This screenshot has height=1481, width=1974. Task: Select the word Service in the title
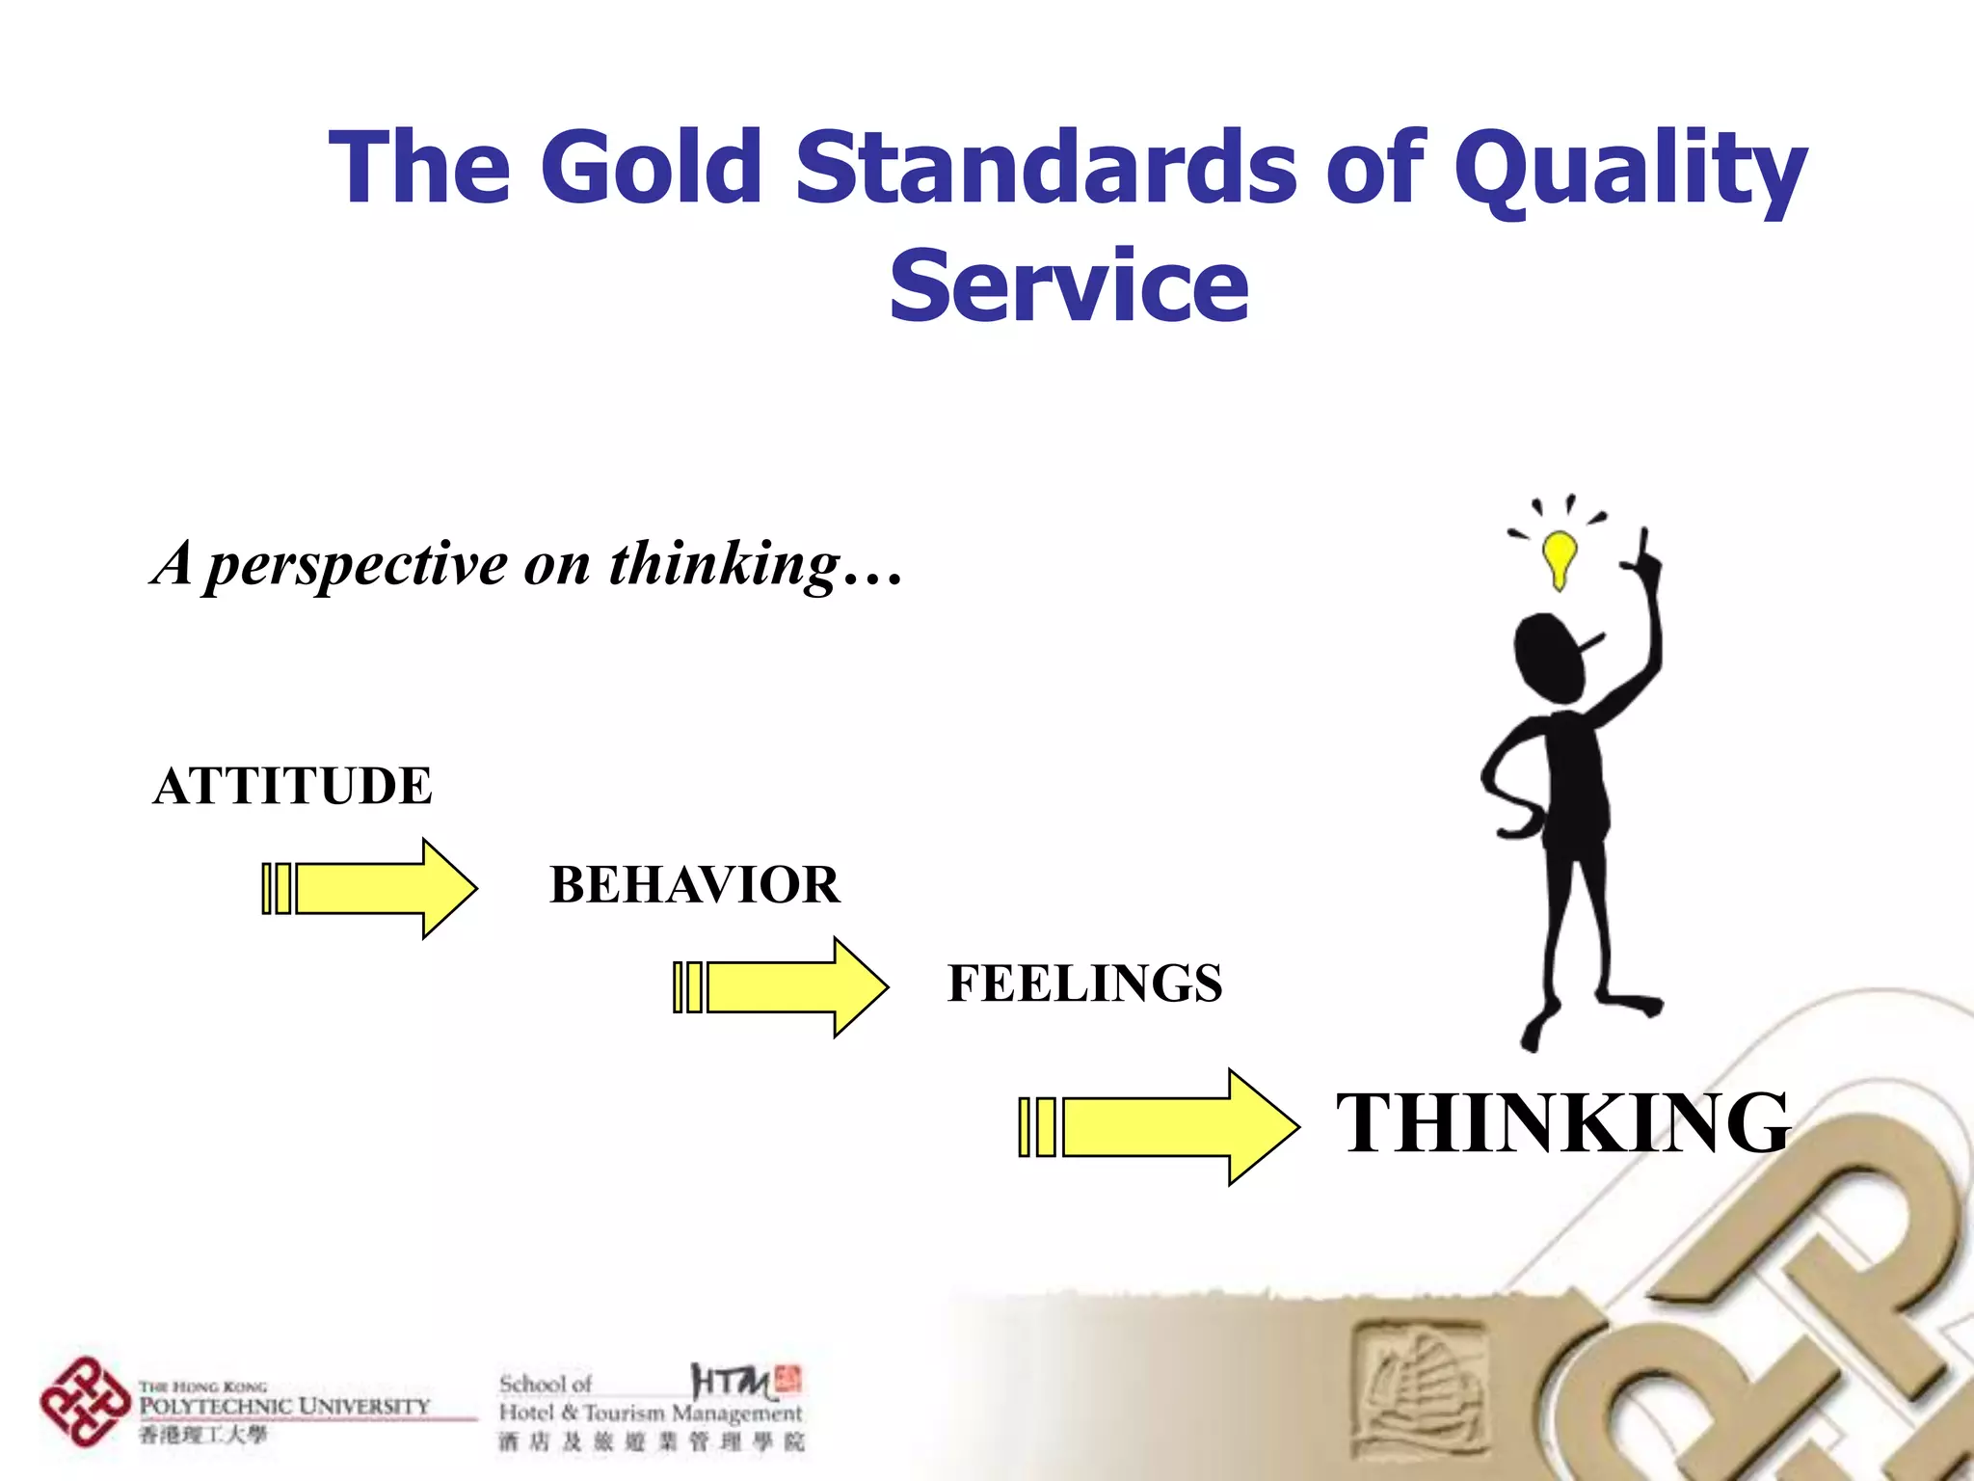point(1068,285)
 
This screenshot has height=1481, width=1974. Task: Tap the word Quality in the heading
point(1629,169)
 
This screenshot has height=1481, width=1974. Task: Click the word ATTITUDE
point(293,786)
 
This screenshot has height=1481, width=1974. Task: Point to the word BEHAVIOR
point(694,885)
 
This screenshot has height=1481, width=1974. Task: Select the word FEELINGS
point(1084,983)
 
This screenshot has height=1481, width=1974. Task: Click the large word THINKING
point(1562,1123)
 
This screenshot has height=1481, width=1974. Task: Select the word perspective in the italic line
point(358,564)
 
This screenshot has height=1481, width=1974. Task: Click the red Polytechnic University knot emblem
point(84,1402)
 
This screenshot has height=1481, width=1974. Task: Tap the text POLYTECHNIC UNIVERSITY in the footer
point(284,1406)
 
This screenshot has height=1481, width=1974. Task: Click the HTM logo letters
point(733,1383)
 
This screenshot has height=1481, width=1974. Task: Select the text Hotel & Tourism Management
point(650,1414)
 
